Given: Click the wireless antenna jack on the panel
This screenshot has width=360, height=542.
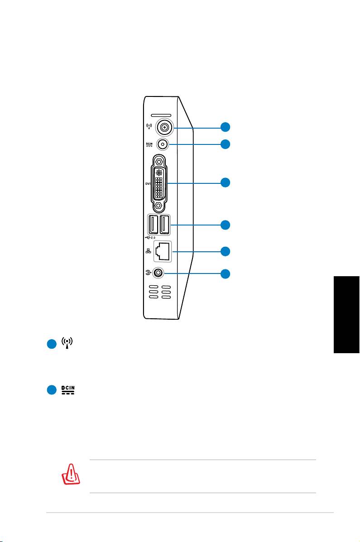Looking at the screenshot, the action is tap(164, 128).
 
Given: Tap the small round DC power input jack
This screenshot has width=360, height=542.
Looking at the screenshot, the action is tap(163, 144).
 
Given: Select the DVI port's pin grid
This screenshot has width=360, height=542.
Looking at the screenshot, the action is tap(159, 183).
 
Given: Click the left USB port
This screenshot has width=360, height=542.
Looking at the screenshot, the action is tap(153, 225).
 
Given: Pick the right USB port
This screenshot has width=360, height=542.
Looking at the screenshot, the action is tap(165, 225).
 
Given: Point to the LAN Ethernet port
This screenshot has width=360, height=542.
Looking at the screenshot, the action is tap(163, 251).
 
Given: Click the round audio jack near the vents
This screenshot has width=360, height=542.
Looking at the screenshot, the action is tap(158, 273).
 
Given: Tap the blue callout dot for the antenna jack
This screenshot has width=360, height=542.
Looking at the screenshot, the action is tap(225, 127).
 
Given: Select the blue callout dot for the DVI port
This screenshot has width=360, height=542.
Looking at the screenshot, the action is tap(225, 182).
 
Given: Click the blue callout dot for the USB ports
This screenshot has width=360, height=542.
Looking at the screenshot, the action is tap(225, 225).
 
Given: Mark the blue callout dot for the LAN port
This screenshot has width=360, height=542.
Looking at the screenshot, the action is tap(225, 251).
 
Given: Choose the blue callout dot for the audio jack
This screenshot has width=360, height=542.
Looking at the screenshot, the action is tap(225, 274).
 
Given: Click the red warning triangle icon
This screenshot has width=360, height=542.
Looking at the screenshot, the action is tap(71, 474).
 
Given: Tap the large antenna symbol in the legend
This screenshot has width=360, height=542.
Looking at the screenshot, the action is tap(67, 343).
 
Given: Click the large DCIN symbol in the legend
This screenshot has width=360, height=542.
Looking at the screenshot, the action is tap(68, 390).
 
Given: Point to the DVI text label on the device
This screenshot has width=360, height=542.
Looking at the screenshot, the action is tap(148, 183).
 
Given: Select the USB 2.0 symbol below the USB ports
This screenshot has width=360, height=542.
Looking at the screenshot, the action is tap(150, 238).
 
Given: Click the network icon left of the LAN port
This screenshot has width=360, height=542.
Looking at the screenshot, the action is tap(149, 251).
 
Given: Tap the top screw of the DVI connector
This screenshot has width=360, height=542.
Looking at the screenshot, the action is tap(159, 161).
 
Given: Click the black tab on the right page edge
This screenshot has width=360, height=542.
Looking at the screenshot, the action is tap(347, 315).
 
